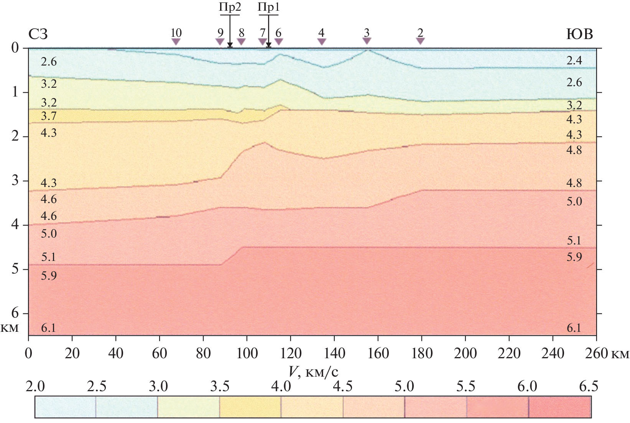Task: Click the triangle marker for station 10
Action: (x=176, y=41)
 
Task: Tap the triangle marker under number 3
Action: (x=367, y=41)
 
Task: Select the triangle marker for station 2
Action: (x=420, y=41)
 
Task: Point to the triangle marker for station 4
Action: (x=321, y=41)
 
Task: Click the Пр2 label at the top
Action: (x=230, y=8)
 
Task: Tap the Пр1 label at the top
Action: (x=269, y=8)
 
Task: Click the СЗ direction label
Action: (x=38, y=34)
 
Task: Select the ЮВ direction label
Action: (x=579, y=34)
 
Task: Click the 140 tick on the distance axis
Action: (x=334, y=353)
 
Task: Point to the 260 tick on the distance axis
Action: (x=596, y=353)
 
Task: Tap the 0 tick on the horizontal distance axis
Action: (x=28, y=353)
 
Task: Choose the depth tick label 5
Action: (x=15, y=269)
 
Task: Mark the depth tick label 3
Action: (x=15, y=180)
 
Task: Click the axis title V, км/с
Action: (x=313, y=371)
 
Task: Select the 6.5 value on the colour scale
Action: (x=589, y=387)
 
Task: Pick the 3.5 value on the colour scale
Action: (x=220, y=387)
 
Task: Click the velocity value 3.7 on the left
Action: (x=49, y=116)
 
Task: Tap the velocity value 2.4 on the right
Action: (x=574, y=61)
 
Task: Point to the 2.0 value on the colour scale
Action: (x=35, y=387)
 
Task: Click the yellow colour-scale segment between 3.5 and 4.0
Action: (x=250, y=407)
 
